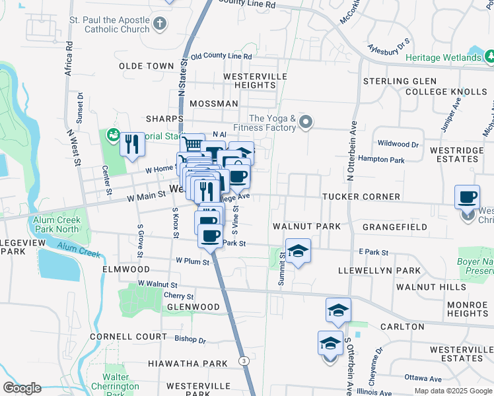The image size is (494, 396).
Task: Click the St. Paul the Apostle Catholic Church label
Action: tap(109, 25)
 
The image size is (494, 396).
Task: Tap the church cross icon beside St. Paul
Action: tap(160, 25)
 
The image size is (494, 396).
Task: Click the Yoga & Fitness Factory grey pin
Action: tap(305, 121)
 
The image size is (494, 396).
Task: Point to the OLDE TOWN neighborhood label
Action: tap(146, 67)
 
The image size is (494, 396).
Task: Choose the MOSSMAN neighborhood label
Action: tap(213, 104)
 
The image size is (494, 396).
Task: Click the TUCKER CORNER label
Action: tap(361, 197)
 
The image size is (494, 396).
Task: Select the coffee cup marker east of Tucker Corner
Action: tap(468, 197)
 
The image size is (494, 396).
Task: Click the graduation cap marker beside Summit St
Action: tap(298, 251)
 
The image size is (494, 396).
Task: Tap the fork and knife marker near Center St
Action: tap(132, 143)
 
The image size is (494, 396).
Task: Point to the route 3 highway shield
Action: tap(244, 360)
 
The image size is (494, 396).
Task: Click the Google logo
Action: tap(22, 388)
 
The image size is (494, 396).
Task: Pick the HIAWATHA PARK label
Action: tap(178, 364)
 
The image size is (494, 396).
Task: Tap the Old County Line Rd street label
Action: tap(221, 57)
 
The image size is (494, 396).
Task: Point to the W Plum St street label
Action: tap(192, 262)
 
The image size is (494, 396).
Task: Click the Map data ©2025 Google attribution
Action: tap(453, 391)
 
